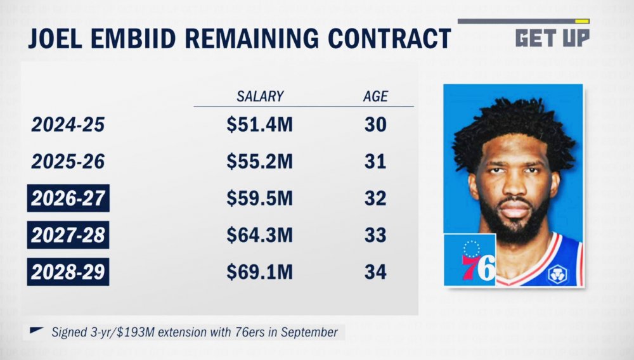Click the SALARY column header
pyautogui.click(x=260, y=97)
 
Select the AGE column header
pyautogui.click(x=375, y=97)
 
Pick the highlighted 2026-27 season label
pyautogui.click(x=68, y=199)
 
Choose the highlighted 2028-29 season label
pyautogui.click(x=68, y=273)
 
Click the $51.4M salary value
pyautogui.click(x=259, y=125)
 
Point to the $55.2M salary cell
pyautogui.click(x=259, y=162)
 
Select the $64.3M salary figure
pyautogui.click(x=259, y=236)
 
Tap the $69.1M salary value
pyautogui.click(x=259, y=273)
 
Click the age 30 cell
pyautogui.click(x=375, y=125)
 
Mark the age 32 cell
pyautogui.click(x=375, y=199)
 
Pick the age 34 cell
pyautogui.click(x=375, y=273)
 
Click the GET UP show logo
pyautogui.click(x=552, y=37)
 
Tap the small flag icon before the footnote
pyautogui.click(x=36, y=330)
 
